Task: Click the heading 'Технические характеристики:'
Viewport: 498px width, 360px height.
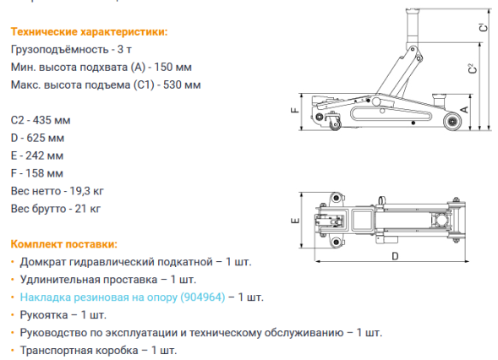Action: point(89,31)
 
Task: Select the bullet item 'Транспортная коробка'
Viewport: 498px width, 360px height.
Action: point(77,350)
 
